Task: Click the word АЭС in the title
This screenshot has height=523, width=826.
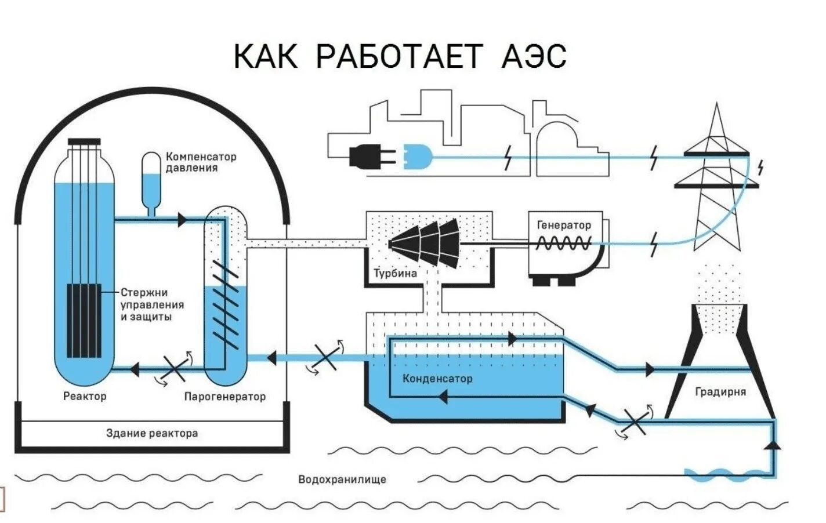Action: pos(532,56)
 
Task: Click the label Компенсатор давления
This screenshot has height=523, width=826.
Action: pos(201,162)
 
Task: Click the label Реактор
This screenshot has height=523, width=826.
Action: pos(85,397)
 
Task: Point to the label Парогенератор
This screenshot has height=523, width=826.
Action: pos(224,397)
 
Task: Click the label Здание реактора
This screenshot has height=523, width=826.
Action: pos(152,433)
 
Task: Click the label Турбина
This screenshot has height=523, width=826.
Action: pos(395,273)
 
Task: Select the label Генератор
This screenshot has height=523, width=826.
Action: pos(564,225)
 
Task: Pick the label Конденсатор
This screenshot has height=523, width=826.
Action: pos(437,379)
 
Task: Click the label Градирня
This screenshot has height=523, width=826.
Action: pos(720,392)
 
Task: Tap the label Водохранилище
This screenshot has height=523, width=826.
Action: pos(342,480)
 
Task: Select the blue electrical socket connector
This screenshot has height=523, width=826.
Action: pos(416,157)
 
